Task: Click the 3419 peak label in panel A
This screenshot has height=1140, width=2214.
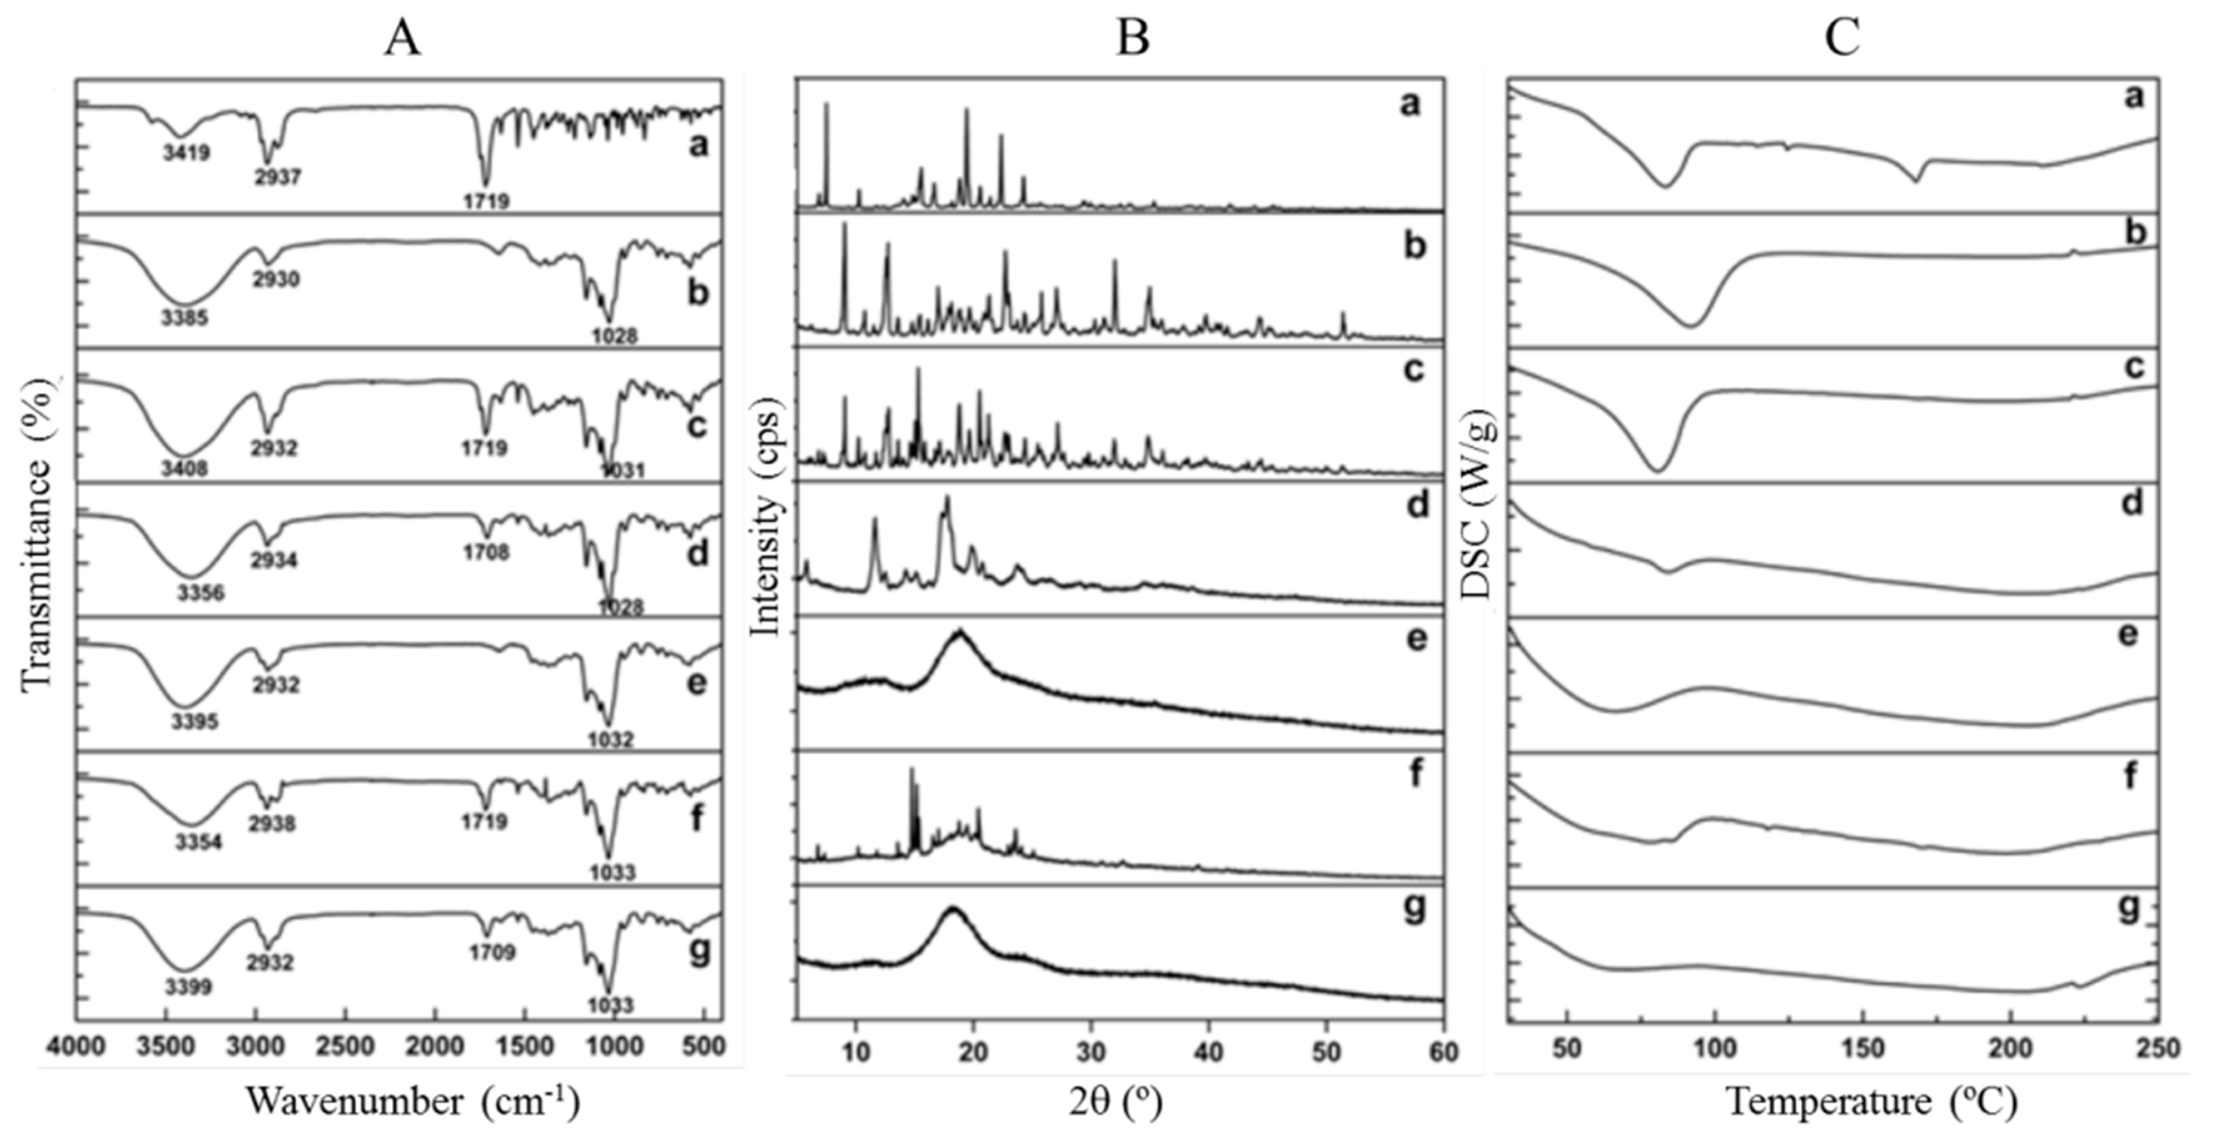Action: point(186,154)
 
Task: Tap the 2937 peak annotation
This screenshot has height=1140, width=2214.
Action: point(278,176)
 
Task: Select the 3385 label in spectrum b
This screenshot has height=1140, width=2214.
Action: point(184,318)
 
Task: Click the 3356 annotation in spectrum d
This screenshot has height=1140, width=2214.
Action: point(200,593)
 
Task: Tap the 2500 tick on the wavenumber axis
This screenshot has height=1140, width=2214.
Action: point(345,1047)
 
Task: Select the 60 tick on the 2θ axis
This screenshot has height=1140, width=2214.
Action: point(1443,1051)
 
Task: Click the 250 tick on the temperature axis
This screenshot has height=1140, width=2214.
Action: point(2157,1049)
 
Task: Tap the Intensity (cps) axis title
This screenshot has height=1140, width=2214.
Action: point(765,517)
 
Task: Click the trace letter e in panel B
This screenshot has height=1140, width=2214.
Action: point(1416,638)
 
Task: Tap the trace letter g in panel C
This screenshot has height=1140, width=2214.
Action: point(2129,908)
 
